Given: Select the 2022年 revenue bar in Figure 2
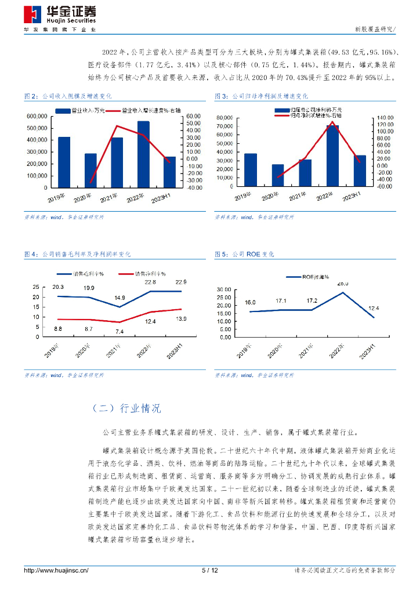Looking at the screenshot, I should coord(143,154).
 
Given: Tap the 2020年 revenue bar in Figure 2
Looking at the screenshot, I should coord(90,171).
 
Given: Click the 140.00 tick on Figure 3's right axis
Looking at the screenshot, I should coord(386,117).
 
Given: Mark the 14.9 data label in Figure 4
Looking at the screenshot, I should coord(120,298).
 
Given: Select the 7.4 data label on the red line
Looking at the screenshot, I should coord(119,331).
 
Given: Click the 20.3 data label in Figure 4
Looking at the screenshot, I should coord(58,287).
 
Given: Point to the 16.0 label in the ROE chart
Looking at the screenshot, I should coord(250,303).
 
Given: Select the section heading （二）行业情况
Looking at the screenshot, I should coord(126,408).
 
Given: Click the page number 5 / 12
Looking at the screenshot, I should coord(209,570).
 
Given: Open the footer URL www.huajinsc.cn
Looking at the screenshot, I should coord(56,570).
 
